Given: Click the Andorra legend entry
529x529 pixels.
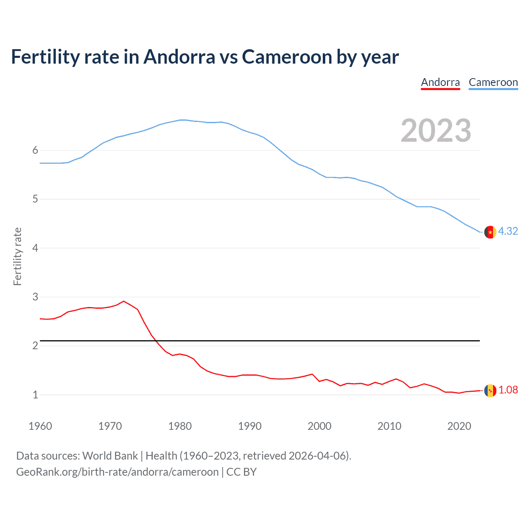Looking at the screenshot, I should (x=440, y=82).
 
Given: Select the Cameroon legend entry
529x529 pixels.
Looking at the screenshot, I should (x=493, y=82).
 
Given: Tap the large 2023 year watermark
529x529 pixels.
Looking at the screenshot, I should (x=436, y=131).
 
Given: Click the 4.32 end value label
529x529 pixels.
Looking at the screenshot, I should (x=508, y=231).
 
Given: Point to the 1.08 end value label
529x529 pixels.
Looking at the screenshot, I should (x=508, y=390).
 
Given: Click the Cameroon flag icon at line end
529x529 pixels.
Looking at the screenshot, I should (x=490, y=232).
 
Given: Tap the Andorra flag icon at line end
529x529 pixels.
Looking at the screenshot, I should (x=490, y=391).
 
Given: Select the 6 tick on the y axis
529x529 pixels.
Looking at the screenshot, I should (x=35, y=150).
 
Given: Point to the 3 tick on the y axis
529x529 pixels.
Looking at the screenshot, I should (x=35, y=297).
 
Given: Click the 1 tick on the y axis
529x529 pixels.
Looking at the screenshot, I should (x=35, y=395).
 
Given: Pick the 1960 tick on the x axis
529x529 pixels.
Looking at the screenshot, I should (x=40, y=426).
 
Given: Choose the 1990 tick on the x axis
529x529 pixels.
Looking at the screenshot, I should (x=250, y=426).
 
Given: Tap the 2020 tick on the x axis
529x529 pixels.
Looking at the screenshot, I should (x=459, y=426).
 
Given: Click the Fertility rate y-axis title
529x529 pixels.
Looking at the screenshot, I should (x=17, y=256).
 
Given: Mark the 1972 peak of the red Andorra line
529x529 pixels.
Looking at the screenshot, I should (x=124, y=301).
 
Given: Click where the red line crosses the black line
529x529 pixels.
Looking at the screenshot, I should (x=156, y=341).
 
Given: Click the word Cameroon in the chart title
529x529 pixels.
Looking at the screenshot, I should (x=287, y=57).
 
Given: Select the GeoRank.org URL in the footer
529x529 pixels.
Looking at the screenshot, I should (x=117, y=472).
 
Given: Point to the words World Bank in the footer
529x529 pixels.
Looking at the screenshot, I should (x=110, y=456).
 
